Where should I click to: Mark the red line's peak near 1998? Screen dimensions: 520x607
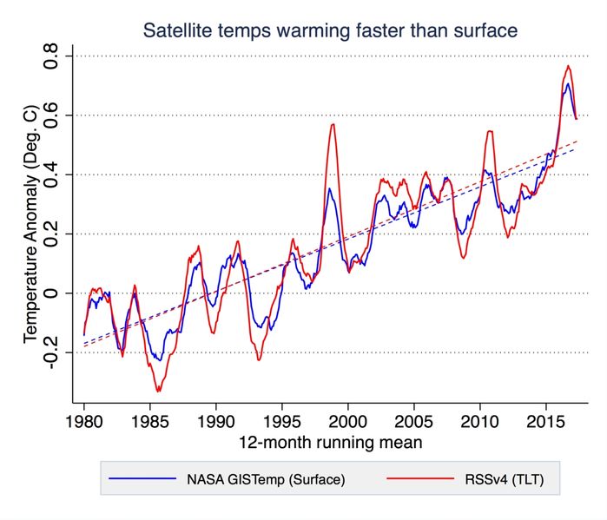(333, 125)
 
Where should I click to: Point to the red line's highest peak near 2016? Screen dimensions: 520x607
(568, 66)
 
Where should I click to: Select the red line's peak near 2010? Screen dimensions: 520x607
(490, 131)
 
